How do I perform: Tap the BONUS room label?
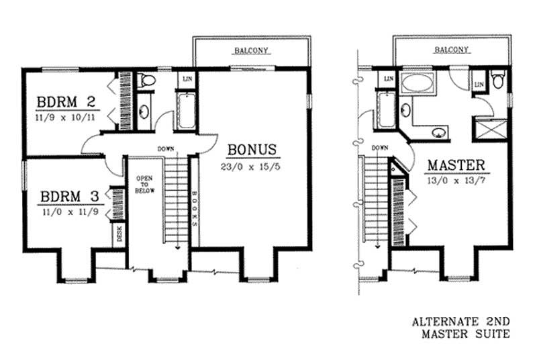click(x=252, y=148)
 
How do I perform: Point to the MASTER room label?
click(x=456, y=165)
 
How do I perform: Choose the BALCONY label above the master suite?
click(x=450, y=50)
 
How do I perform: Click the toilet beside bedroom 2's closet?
click(x=146, y=81)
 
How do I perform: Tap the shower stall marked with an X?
click(x=491, y=128)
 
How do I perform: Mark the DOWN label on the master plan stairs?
click(x=380, y=147)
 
